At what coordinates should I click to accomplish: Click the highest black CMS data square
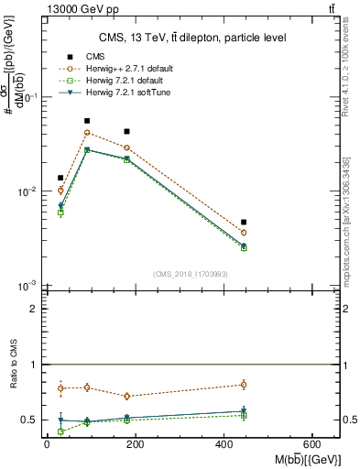pos(87,121)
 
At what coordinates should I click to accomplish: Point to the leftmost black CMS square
pos(60,178)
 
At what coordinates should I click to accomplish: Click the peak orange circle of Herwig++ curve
pos(87,133)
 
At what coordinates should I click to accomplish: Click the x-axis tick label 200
pos(135,445)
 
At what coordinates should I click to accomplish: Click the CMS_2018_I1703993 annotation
pos(191,275)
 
